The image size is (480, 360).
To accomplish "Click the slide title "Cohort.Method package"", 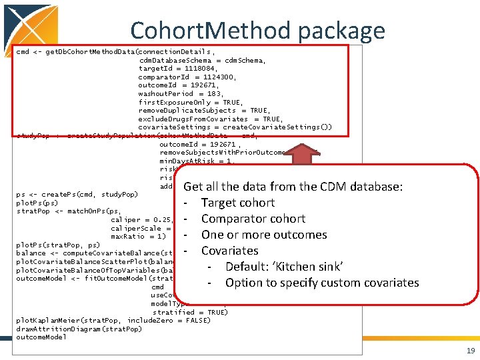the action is (x=257, y=31).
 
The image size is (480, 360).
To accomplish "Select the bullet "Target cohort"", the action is (x=237, y=203).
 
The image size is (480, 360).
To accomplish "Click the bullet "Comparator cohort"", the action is (x=253, y=219).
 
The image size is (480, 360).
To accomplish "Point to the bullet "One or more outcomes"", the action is (x=264, y=235).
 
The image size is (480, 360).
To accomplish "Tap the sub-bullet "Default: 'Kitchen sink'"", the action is (x=284, y=267).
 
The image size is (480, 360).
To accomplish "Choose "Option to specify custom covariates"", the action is (x=322, y=283).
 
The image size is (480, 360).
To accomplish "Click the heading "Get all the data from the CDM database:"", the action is (x=293, y=187).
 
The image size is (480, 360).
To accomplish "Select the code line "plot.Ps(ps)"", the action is (x=37, y=203).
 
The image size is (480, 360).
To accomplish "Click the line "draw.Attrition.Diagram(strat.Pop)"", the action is (x=79, y=329).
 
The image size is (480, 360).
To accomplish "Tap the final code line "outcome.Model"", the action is (x=41, y=337).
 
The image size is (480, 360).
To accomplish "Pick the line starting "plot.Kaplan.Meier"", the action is (x=113, y=321).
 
